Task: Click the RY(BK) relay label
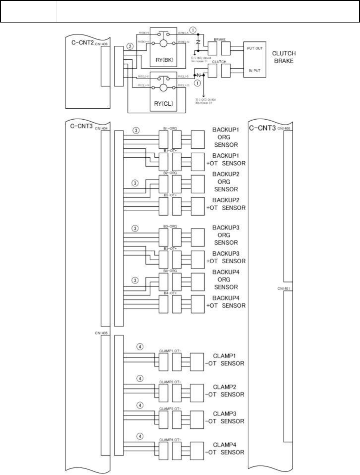(164, 60)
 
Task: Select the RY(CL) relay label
(163, 103)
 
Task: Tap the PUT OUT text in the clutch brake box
(255, 48)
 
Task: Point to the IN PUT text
(255, 71)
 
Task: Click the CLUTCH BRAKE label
(284, 57)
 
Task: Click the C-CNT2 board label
(83, 42)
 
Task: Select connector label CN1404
(102, 128)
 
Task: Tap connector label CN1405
(101, 333)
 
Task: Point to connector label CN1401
(284, 289)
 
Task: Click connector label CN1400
(284, 128)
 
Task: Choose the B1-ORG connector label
(170, 128)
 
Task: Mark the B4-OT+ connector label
(170, 293)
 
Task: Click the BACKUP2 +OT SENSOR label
(226, 204)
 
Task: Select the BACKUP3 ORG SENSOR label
(226, 235)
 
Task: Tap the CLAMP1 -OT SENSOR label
(224, 360)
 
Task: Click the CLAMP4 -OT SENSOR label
(224, 449)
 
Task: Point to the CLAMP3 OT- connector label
(170, 409)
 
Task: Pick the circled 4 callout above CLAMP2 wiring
(140, 378)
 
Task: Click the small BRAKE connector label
(219, 39)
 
